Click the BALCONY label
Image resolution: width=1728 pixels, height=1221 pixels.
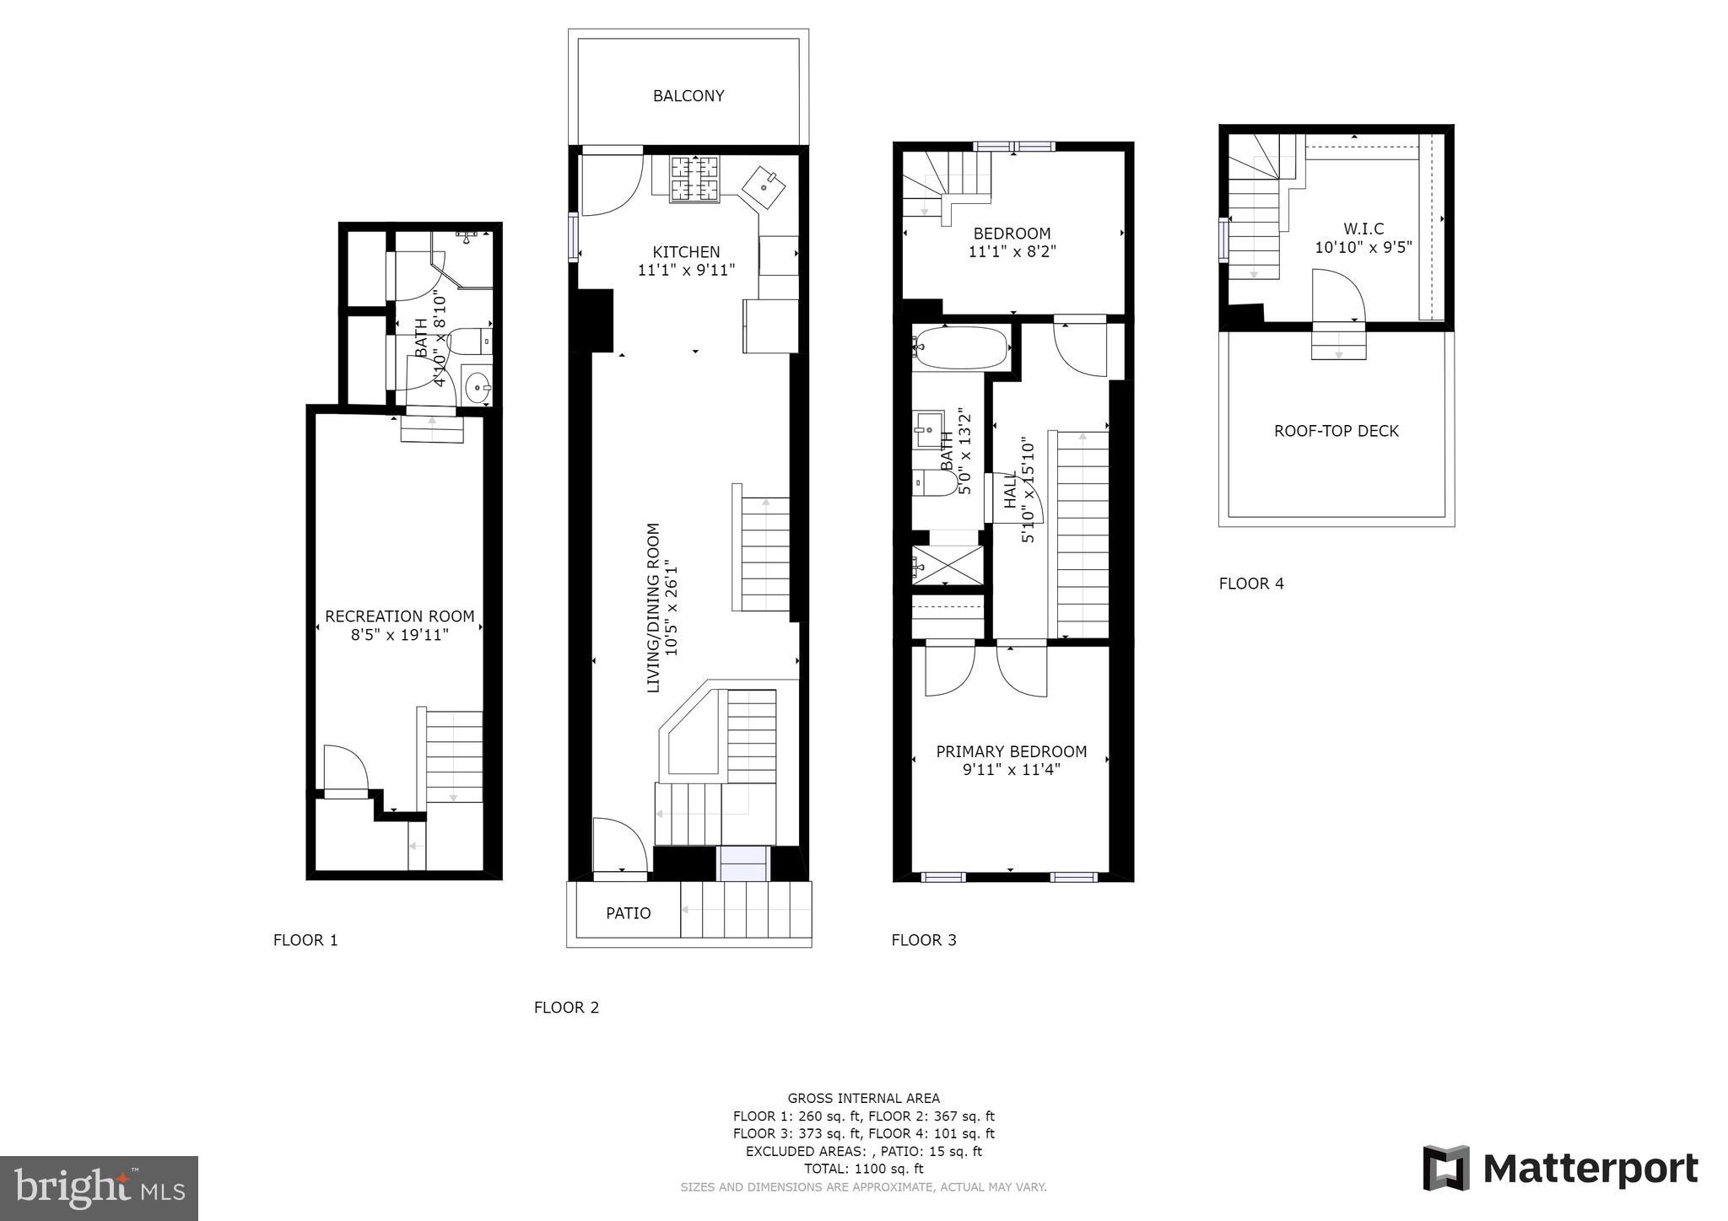click(x=688, y=96)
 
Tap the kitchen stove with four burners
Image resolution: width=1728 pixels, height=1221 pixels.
click(x=695, y=180)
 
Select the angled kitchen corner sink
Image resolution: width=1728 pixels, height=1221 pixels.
click(x=764, y=187)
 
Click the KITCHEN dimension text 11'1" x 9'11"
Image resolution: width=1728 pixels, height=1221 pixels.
click(x=687, y=270)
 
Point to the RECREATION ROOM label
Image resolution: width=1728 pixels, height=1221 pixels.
click(x=400, y=616)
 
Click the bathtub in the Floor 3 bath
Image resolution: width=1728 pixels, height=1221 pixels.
click(x=961, y=347)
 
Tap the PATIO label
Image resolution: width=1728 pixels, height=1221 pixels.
click(x=629, y=913)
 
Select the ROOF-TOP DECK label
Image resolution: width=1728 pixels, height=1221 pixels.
click(x=1336, y=431)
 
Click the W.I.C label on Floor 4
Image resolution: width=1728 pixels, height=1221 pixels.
click(x=1363, y=229)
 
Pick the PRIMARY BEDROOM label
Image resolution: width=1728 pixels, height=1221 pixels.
click(x=1012, y=751)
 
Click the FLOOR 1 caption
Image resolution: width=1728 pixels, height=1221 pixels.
click(x=305, y=940)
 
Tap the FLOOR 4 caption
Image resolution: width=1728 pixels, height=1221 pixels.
click(x=1251, y=584)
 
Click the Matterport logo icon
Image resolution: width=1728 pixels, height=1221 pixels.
click(x=1446, y=1169)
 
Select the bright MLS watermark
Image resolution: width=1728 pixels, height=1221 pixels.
click(x=100, y=1189)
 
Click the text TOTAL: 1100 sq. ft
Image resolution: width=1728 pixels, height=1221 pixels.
click(x=864, y=1169)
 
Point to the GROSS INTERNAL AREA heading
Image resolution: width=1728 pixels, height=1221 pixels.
click(x=864, y=1098)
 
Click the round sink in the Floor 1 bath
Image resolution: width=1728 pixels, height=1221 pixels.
click(x=478, y=389)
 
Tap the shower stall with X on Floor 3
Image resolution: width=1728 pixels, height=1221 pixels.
click(x=948, y=566)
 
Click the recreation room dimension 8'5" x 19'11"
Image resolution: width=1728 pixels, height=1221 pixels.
click(x=400, y=634)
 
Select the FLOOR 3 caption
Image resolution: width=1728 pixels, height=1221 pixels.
click(x=924, y=940)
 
